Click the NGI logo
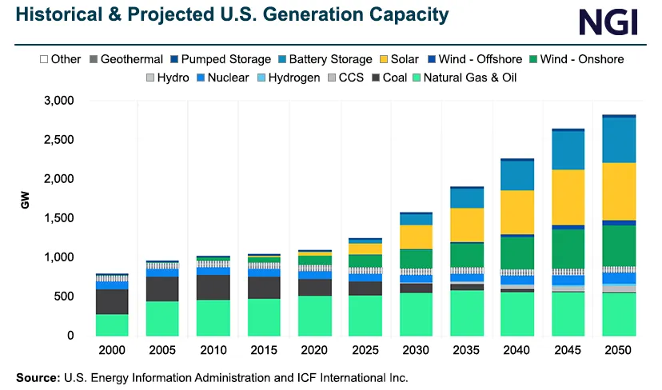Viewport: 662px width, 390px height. coord(608,22)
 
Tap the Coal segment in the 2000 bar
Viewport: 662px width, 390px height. coord(112,301)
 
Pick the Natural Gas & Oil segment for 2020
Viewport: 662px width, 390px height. coord(315,316)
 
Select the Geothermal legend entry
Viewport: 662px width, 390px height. coord(126,59)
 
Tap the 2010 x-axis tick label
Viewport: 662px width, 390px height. coord(213,351)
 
